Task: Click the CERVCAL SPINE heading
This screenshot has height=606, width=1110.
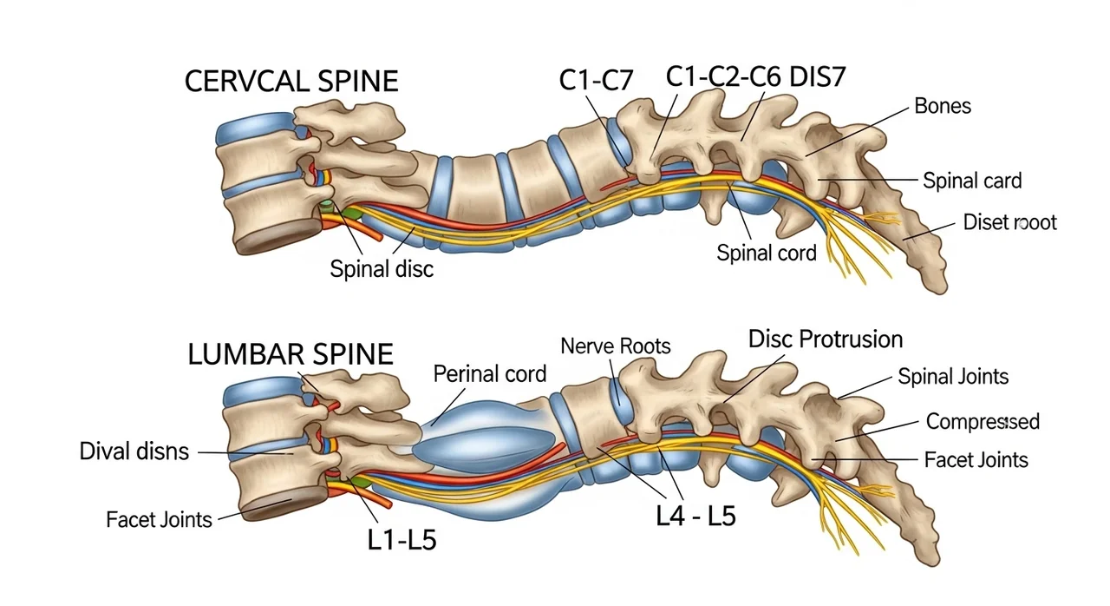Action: [x=291, y=81]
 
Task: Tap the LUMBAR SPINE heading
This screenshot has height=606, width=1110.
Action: [x=291, y=353]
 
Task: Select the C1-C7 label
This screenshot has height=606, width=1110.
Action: [x=597, y=80]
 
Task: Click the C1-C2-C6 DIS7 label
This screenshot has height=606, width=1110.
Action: [x=755, y=77]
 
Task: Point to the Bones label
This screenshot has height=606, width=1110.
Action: [x=943, y=106]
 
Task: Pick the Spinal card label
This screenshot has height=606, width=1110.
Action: [x=972, y=181]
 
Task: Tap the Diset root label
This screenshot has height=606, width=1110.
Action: [x=1010, y=222]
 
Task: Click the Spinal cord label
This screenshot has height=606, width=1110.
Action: [x=767, y=253]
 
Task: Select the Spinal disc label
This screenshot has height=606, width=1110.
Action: [x=382, y=269]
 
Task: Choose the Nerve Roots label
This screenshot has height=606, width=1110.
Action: [x=616, y=346]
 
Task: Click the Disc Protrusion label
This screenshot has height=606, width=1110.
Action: [x=826, y=339]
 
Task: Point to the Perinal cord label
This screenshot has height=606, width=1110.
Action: [x=489, y=374]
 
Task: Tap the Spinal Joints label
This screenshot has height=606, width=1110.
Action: [x=953, y=376]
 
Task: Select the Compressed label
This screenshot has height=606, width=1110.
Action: [x=983, y=421]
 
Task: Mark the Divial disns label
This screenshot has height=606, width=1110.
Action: [x=134, y=451]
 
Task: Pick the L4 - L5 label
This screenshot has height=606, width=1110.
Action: [x=695, y=516]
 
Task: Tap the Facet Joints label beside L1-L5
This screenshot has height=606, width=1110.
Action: [x=159, y=519]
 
